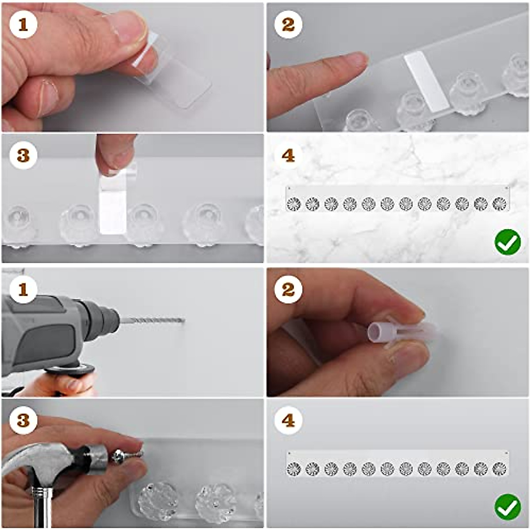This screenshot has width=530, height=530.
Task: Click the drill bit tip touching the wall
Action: (x=184, y=320)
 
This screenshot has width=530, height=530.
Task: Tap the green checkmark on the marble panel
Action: (x=508, y=242)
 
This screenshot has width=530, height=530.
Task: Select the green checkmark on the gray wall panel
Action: (x=508, y=507)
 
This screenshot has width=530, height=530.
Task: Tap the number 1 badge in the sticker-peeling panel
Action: (x=23, y=25)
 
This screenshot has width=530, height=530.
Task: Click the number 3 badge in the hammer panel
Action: (x=23, y=420)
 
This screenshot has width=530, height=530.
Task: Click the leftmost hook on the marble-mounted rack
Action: (x=294, y=204)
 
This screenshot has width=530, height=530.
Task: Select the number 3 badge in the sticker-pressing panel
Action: (x=23, y=155)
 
